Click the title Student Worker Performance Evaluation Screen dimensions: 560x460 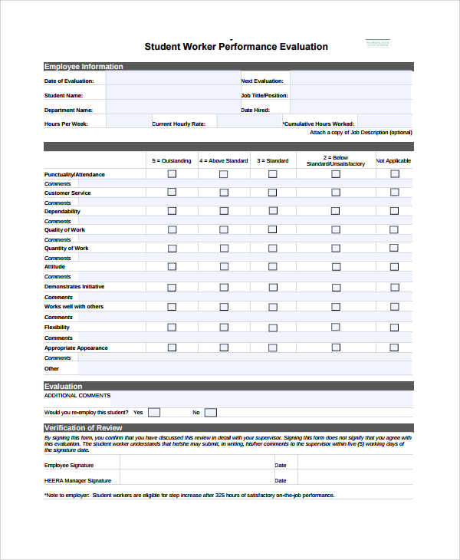[x=236, y=47]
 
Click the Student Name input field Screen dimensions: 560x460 [x=172, y=95]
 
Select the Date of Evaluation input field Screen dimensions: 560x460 [x=172, y=80]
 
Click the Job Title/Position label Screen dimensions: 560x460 [x=264, y=96]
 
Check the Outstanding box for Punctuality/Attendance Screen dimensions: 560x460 [x=172, y=174]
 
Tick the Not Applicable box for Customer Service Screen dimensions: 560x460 [x=394, y=193]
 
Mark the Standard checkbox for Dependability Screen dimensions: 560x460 [x=272, y=211]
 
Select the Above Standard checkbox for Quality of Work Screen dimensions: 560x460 [x=223, y=229]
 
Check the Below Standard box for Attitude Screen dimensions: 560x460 [x=335, y=267]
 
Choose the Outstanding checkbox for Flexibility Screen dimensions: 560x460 [x=172, y=327]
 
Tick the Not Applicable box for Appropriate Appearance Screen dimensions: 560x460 [x=394, y=348]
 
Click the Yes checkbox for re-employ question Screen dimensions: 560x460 [x=154, y=412]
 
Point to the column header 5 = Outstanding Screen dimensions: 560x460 [x=172, y=161]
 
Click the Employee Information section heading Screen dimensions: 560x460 [x=84, y=67]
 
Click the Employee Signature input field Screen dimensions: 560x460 [x=195, y=465]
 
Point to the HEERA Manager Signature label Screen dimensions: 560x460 [x=77, y=481]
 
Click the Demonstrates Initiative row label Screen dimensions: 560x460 [x=74, y=287]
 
